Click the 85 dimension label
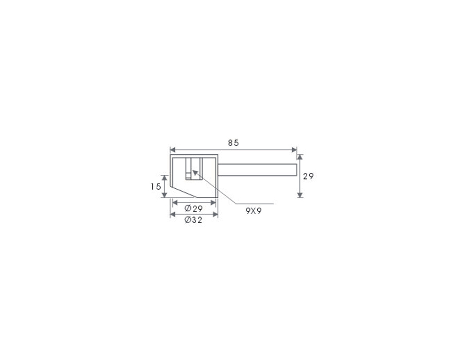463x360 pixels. (233, 143)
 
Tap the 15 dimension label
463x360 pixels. (155, 187)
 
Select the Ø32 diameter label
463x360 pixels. (193, 220)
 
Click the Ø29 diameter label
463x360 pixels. (193, 209)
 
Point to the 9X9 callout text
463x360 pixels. (253, 211)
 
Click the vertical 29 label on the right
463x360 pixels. (308, 176)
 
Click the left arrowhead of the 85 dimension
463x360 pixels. (173, 150)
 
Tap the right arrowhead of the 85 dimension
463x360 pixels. (294, 150)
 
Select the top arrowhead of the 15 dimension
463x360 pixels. (165, 178)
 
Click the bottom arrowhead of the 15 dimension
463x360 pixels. (165, 195)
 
